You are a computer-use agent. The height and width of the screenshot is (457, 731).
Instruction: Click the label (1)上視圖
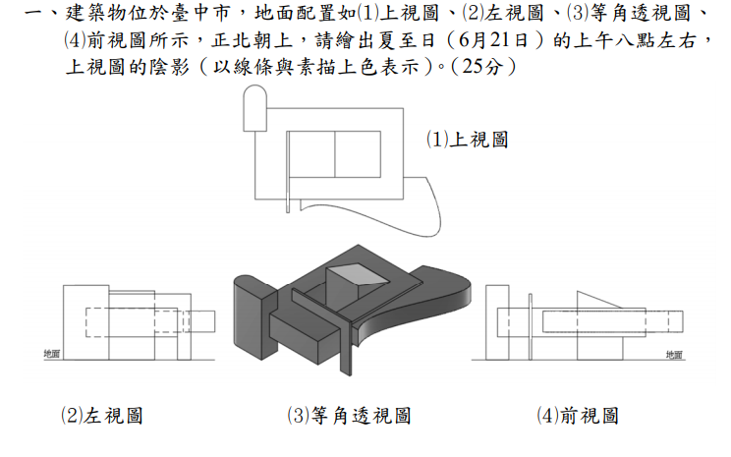coord(467,140)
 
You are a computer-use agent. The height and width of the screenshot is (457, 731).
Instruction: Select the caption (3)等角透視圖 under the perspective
coord(348,416)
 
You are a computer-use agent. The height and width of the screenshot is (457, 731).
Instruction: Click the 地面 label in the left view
coord(52,353)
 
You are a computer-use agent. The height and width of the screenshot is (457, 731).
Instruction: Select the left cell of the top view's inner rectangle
coord(309,153)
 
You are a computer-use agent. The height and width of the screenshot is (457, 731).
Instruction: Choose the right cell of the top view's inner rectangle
coord(357,153)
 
